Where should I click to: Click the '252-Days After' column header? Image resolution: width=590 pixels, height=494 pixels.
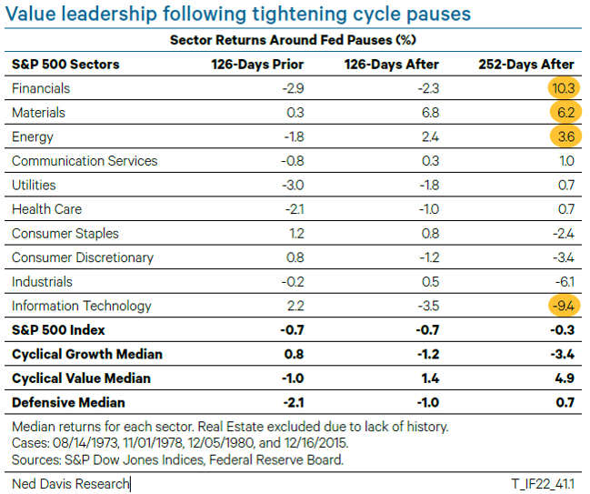click(x=526, y=65)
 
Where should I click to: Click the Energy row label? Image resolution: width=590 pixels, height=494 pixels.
click(x=33, y=136)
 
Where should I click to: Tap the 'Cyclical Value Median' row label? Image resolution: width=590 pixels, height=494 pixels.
click(x=81, y=378)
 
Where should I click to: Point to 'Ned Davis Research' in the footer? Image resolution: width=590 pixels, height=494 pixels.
click(x=70, y=483)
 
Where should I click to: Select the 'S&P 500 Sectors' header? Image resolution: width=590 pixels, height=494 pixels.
click(x=65, y=65)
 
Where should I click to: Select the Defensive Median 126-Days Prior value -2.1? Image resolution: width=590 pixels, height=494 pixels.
click(x=292, y=402)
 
